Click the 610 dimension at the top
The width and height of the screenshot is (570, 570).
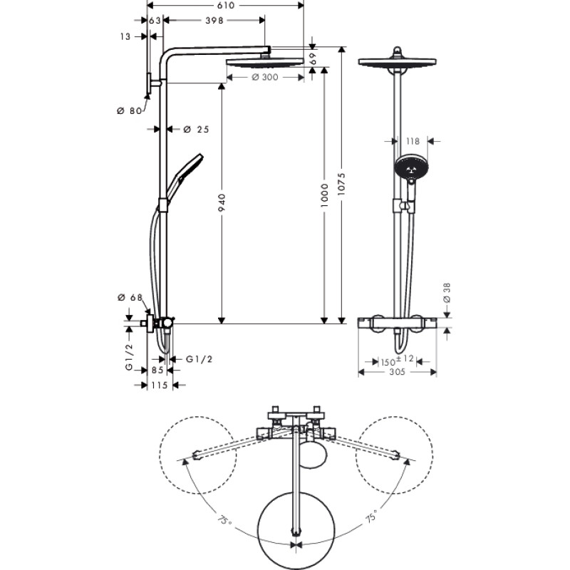(x=226, y=5)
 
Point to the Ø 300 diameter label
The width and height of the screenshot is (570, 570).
(x=265, y=78)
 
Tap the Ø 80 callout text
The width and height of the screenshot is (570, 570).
(x=130, y=110)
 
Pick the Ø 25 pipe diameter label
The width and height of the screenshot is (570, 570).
(x=196, y=129)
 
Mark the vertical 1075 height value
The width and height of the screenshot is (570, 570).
(x=342, y=185)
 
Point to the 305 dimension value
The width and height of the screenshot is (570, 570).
(x=400, y=373)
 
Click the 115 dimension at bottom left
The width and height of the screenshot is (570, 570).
(x=157, y=385)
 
